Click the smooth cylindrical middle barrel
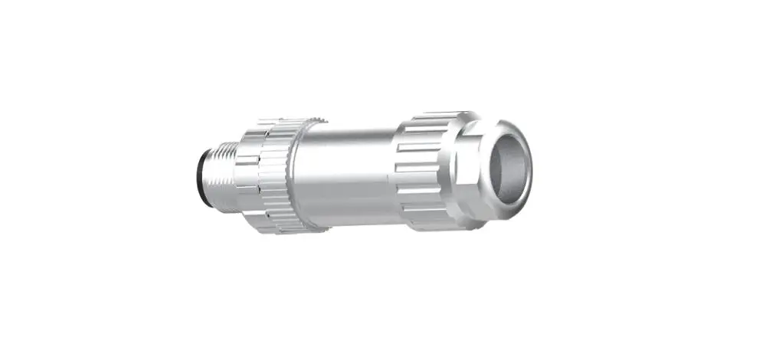[345, 172]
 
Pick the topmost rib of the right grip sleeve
[433, 116]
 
